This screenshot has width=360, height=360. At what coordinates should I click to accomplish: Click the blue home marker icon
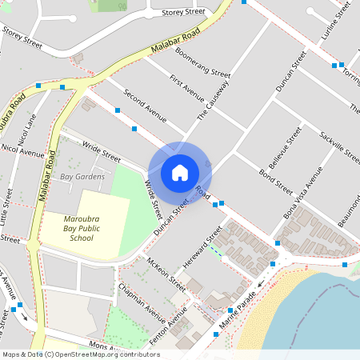point(180,172)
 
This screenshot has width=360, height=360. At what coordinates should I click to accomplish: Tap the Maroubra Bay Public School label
point(81,227)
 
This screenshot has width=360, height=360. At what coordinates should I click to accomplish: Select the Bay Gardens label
point(82,176)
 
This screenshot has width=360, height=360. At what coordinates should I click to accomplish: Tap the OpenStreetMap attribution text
point(80,354)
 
